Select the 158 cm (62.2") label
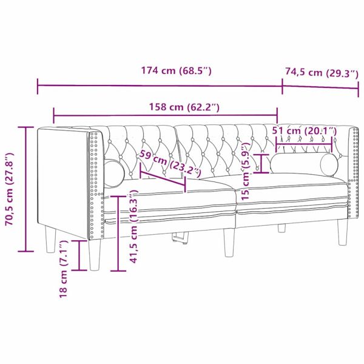184,107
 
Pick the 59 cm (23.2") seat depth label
170,163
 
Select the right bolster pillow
303,164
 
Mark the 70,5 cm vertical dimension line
25,189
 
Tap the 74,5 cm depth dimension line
321,86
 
